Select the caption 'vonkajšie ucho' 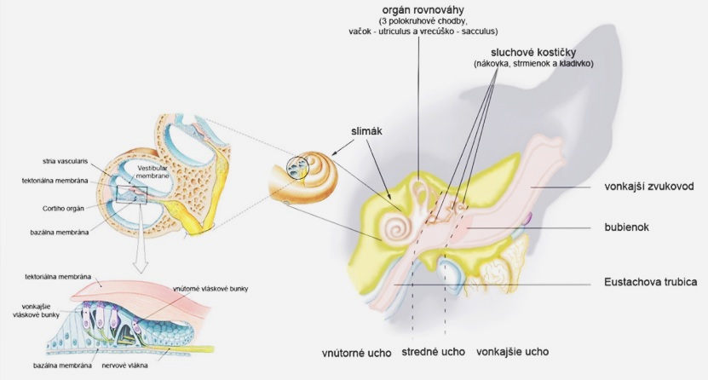513,351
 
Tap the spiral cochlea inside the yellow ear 397,227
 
